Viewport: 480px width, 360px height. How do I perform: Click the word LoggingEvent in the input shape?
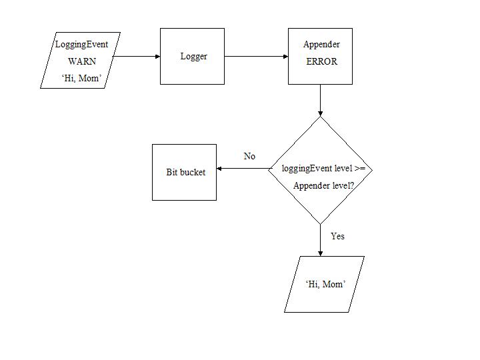pos(81,45)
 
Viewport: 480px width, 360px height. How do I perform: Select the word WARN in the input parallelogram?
pos(82,61)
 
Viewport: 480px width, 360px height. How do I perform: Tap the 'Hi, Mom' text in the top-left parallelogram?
pos(81,79)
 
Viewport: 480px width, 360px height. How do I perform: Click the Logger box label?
pos(193,57)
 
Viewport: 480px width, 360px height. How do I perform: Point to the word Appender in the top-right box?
pos(321,45)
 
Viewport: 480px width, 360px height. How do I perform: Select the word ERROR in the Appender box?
pos(321,61)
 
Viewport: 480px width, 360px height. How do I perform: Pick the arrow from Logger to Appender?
pos(256,57)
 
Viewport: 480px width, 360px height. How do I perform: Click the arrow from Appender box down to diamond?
pos(320,100)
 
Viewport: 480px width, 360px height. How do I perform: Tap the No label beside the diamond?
pos(249,156)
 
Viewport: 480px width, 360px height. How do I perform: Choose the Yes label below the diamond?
pos(337,236)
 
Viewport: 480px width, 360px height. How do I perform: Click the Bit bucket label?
pos(185,172)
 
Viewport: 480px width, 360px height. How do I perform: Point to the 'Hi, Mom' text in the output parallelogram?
pos(325,284)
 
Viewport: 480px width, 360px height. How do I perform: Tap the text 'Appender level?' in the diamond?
pos(323,185)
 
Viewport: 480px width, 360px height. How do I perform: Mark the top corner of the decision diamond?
pos(320,117)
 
